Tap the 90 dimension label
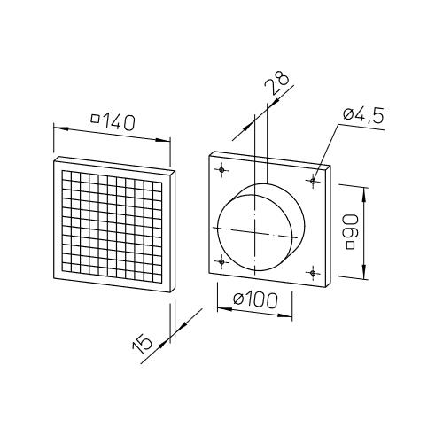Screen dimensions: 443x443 pyautogui.click(x=352, y=229)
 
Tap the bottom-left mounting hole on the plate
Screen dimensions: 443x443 pyautogui.click(x=221, y=261)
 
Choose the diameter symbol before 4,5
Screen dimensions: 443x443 pyautogui.click(x=348, y=113)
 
